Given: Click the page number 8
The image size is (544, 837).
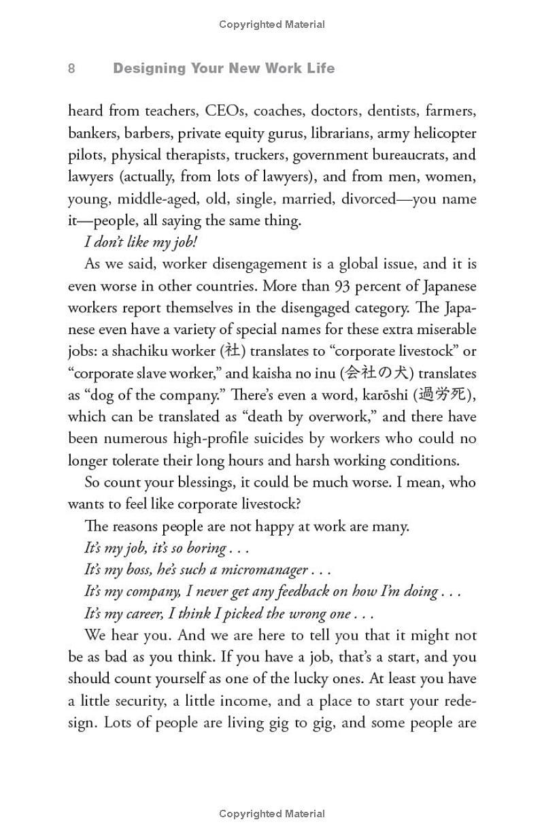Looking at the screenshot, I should pos(71,69).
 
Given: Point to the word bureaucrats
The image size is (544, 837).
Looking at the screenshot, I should pos(397,154).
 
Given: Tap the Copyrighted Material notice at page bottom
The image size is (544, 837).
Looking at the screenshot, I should pos(272,814).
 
